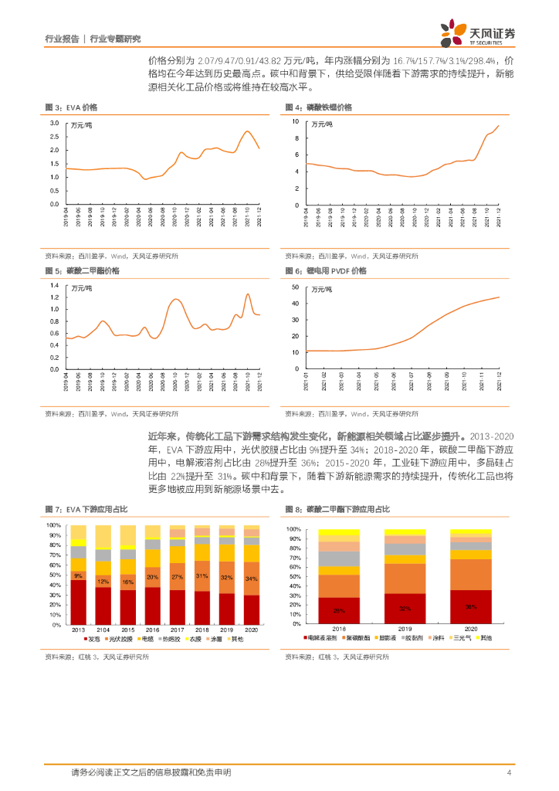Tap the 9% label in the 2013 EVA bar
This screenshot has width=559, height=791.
point(78,576)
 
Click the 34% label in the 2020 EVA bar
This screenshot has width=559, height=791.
point(252,579)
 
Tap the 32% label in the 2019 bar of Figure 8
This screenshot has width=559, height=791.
point(405,609)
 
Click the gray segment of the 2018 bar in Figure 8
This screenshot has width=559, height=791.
point(338,558)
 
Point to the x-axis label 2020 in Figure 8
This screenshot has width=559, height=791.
point(471,630)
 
